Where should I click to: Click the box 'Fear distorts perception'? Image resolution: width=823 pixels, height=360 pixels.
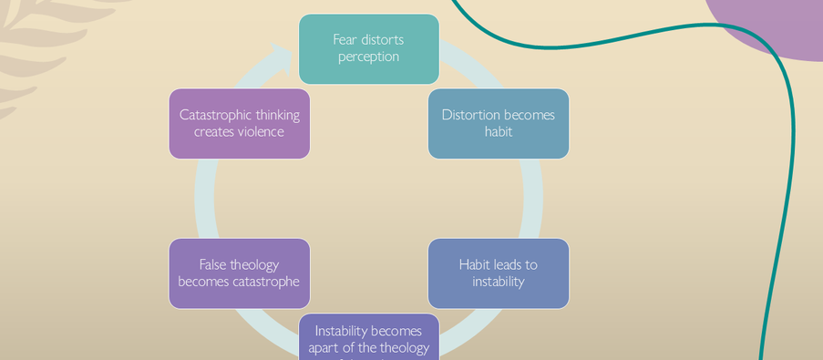(x=368, y=48)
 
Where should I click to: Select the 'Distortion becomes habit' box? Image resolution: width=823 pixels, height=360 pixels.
(x=498, y=123)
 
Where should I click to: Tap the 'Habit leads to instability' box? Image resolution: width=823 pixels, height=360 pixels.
(x=498, y=273)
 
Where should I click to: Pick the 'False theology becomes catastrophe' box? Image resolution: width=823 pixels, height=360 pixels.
(x=239, y=273)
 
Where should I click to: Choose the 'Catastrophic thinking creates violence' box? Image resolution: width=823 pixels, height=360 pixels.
(x=239, y=123)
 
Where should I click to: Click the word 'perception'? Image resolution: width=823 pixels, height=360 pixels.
(x=368, y=57)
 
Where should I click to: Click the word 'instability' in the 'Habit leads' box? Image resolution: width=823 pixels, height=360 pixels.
(x=498, y=282)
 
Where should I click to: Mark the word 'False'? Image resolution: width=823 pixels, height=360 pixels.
(x=212, y=265)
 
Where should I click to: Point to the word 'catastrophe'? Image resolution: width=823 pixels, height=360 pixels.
(x=267, y=282)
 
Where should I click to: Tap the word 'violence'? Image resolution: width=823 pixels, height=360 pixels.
(x=260, y=131)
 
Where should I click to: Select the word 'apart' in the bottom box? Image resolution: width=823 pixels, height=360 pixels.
(x=325, y=347)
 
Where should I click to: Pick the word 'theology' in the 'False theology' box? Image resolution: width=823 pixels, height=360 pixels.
(x=254, y=265)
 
